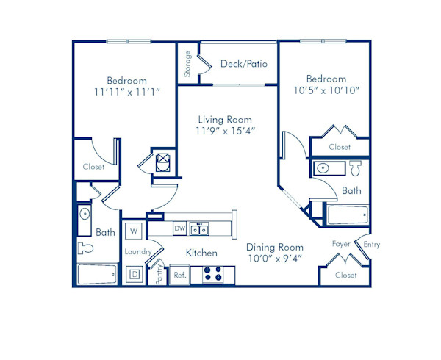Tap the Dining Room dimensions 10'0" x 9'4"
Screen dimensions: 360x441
pos(274,259)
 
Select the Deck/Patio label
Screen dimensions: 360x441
pos(243,64)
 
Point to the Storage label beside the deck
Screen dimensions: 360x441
pos(188,64)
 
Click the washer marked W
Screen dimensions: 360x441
pos(134,231)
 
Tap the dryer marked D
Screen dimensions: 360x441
pos(135,275)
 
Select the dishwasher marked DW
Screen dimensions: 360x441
pos(179,229)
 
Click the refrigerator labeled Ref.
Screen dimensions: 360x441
pos(179,276)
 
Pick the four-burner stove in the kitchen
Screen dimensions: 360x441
pos(213,274)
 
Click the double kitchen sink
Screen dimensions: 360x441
pos(198,229)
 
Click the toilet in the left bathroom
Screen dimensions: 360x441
pos(87,248)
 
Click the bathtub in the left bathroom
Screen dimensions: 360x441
pos(96,274)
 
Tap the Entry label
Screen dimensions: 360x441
pos(371,245)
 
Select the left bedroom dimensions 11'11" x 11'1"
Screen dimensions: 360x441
pos(127,93)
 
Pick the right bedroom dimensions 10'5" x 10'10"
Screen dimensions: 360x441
pos(326,91)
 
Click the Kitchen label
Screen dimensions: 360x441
pos(201,253)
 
